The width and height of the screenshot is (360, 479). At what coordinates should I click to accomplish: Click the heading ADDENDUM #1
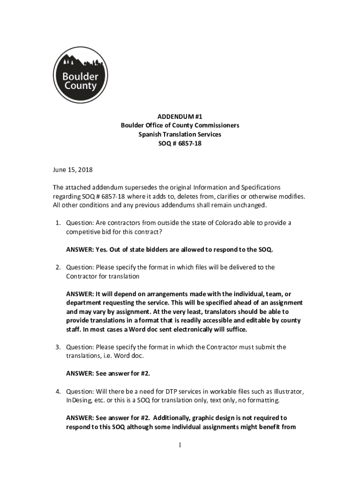180,116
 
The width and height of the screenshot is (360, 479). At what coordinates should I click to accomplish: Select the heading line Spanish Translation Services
180,135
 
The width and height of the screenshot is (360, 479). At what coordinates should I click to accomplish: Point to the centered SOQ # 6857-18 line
180,144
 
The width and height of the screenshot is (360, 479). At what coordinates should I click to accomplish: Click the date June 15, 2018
72,169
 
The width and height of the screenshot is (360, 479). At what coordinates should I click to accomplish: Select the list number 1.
56,223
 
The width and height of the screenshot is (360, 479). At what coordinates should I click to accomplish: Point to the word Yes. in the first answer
101,250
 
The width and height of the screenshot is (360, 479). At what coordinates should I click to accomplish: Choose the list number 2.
56,268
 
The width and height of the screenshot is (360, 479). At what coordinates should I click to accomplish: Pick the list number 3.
56,347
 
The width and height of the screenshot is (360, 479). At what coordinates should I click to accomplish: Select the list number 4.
56,392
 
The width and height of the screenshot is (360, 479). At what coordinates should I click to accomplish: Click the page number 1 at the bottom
180,445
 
